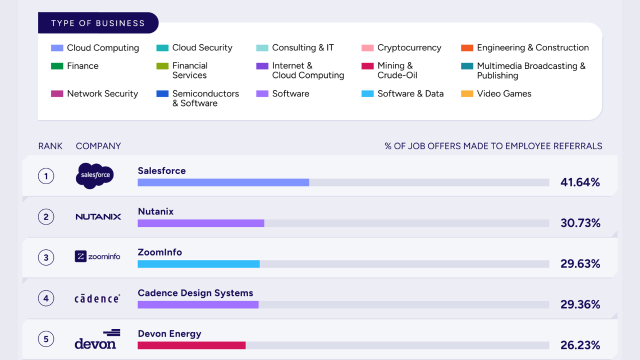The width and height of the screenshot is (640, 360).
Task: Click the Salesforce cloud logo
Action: pos(94,175)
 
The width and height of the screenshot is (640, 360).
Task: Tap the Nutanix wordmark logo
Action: pos(98,217)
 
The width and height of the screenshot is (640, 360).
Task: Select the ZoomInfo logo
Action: pos(97,256)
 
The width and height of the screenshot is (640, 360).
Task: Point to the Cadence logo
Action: pos(97,298)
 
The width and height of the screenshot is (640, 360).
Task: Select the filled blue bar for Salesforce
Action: pos(223,182)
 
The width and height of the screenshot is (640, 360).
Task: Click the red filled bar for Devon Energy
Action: pos(191,345)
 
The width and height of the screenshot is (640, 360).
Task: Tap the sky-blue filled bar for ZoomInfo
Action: pos(198,263)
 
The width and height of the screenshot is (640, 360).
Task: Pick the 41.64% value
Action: pos(580,182)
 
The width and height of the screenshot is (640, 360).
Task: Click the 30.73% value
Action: pos(580,223)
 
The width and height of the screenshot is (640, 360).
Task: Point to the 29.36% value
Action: pos(580,304)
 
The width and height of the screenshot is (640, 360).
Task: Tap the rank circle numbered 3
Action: pos(46,257)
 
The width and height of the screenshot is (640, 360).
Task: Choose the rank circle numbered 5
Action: pos(46,339)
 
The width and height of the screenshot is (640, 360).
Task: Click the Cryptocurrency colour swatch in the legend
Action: pos(367,47)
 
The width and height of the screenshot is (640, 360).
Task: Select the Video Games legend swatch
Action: pos(467,93)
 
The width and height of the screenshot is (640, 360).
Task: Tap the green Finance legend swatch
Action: pos(57,66)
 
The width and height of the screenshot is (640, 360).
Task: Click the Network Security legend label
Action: pos(102,93)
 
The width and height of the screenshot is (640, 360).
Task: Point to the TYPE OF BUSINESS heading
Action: pos(98,23)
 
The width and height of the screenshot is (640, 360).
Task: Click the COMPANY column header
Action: pos(98,146)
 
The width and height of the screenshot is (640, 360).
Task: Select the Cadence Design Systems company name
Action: pos(195,293)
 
